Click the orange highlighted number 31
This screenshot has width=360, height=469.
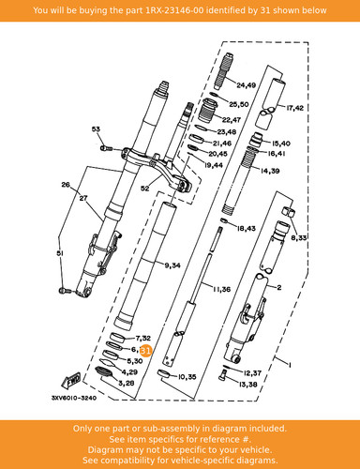click(x=145, y=351)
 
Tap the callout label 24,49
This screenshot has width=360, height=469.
click(x=247, y=85)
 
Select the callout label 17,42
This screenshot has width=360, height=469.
click(x=294, y=108)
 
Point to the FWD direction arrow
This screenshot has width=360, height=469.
click(x=71, y=380)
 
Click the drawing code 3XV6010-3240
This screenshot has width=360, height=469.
click(x=74, y=398)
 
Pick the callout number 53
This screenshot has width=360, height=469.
click(x=96, y=129)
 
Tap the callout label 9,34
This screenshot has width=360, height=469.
click(x=172, y=265)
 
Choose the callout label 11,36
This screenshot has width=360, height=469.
click(x=222, y=290)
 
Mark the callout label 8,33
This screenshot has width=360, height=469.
click(x=299, y=238)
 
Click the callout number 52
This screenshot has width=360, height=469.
click(x=145, y=189)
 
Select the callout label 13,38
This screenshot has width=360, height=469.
click(x=247, y=385)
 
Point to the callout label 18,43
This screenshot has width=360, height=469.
click(x=247, y=229)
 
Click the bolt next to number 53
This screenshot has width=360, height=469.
click(x=106, y=148)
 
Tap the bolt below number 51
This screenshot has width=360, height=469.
click(x=64, y=291)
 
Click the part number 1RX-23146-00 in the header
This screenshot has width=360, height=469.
click(x=175, y=10)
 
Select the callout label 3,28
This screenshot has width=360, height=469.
click(x=127, y=383)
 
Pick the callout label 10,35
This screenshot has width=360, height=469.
click(x=187, y=377)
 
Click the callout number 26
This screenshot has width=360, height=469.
click(x=66, y=185)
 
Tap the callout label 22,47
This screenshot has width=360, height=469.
click(x=232, y=120)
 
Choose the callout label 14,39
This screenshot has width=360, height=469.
click(x=270, y=171)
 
